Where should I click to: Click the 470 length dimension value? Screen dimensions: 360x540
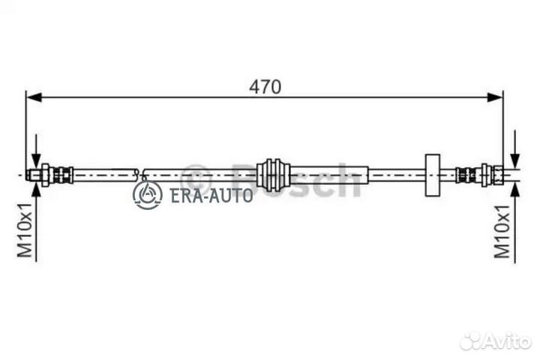tap(265, 86)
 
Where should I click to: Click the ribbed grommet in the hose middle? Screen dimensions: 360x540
tap(273, 174)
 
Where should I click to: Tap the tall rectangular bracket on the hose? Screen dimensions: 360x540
tap(432, 175)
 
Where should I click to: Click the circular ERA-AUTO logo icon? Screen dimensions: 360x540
tap(147, 195)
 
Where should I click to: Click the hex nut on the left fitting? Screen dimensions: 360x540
tap(45, 175)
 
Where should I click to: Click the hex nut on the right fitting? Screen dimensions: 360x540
tap(496, 175)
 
